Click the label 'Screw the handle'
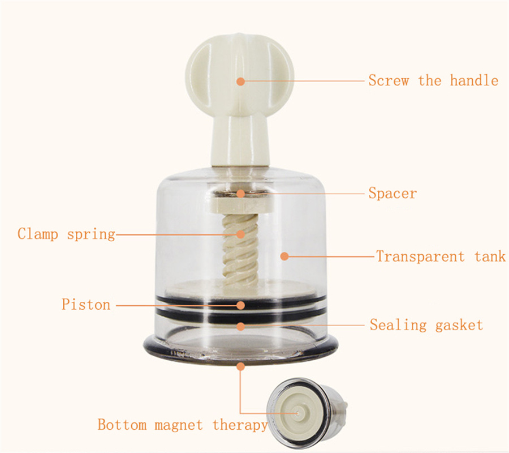433,80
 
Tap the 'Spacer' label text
392,193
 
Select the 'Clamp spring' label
66,234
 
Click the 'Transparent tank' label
441,257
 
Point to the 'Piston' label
86,305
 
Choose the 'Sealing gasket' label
426,325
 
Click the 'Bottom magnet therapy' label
183,425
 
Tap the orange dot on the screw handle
240,81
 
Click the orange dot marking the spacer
240,194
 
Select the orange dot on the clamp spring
240,234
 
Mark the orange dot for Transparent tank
284,257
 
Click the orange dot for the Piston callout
240,305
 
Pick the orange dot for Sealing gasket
240,326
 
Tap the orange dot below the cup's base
240,366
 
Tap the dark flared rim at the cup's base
240,349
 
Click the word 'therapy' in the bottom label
240,425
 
